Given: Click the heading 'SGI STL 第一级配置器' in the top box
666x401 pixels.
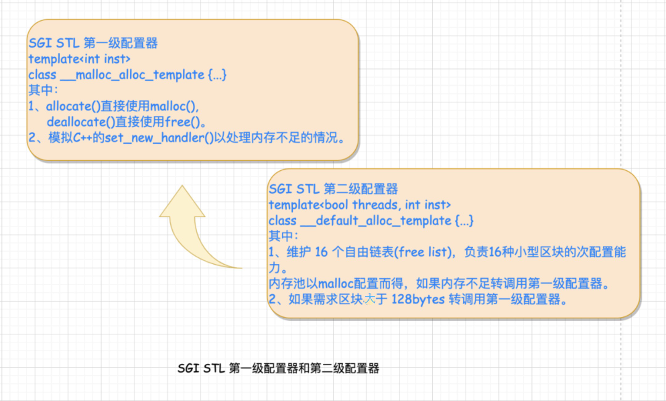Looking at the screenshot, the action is pos(93,43).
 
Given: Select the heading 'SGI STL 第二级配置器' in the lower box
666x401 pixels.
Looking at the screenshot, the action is pos(333,189).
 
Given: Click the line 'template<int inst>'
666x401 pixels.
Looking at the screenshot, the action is pos(79,59).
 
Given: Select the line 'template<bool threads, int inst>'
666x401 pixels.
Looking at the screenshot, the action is pos(360,205).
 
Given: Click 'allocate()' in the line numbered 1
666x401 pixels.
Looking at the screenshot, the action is pos(73,106).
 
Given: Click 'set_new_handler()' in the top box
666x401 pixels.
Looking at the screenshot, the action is pos(159,138).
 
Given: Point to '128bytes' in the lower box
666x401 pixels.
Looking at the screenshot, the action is pos(418,299).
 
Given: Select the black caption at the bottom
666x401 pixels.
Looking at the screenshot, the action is pos(278,368).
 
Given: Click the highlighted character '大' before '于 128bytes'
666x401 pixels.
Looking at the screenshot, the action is pos(369,299).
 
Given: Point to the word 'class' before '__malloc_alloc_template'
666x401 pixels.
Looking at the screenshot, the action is pos(42,75).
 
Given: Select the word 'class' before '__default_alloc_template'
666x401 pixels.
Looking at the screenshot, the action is pos(282,221).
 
